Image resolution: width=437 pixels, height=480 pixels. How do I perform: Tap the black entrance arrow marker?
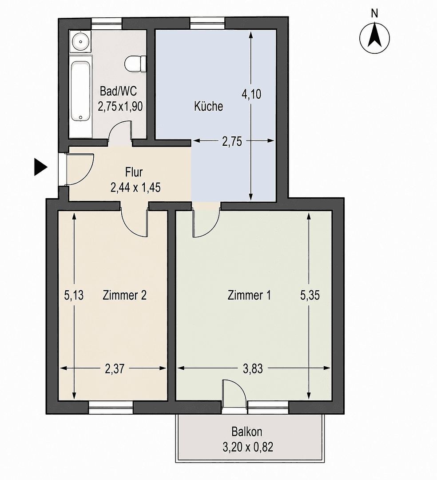click(x=41, y=167)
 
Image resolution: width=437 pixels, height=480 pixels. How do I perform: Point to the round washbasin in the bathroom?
click(x=80, y=41)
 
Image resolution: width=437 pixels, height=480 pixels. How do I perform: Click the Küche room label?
click(x=209, y=106)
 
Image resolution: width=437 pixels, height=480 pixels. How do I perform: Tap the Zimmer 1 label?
click(x=249, y=296)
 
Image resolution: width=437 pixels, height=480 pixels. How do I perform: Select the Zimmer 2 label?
click(x=124, y=296)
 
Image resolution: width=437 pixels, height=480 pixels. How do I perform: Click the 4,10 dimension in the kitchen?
click(x=251, y=94)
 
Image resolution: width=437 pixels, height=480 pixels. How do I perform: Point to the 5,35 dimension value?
click(x=310, y=296)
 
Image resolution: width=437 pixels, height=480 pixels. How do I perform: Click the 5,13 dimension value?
click(x=74, y=296)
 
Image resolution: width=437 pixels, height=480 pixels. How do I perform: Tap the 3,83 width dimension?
click(x=253, y=368)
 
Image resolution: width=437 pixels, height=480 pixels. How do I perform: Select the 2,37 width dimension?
click(x=115, y=368)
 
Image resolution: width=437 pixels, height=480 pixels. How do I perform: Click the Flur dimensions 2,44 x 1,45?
click(x=135, y=188)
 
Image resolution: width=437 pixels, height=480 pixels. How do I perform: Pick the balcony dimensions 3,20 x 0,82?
click(x=248, y=448)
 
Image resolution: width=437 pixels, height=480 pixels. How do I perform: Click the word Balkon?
click(x=247, y=432)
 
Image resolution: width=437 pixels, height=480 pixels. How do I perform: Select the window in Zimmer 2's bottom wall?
click(x=111, y=407)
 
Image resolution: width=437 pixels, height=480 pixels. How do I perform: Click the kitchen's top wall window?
click(x=207, y=23)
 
